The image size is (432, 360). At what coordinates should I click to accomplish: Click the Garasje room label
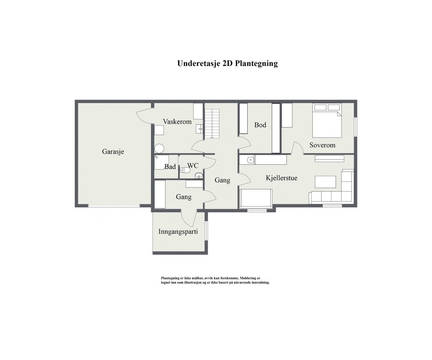(113, 152)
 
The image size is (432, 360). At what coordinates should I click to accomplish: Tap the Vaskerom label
(177, 121)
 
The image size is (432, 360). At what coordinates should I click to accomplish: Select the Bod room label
(260, 125)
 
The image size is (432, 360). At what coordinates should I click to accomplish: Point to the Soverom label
(322, 145)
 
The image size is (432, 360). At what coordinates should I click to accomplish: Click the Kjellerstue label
(281, 178)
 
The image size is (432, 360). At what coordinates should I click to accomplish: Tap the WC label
(192, 165)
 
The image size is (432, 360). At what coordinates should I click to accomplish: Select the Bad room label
(170, 167)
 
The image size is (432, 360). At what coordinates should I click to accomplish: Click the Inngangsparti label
(178, 231)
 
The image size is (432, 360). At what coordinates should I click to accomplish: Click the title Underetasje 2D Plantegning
(227, 63)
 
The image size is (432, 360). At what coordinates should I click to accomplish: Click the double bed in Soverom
(327, 121)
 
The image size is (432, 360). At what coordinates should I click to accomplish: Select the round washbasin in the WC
(198, 175)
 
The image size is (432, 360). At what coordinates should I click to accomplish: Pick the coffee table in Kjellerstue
(325, 182)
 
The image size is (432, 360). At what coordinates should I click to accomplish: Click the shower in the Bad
(159, 148)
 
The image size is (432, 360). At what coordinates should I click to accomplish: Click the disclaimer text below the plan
(215, 280)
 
